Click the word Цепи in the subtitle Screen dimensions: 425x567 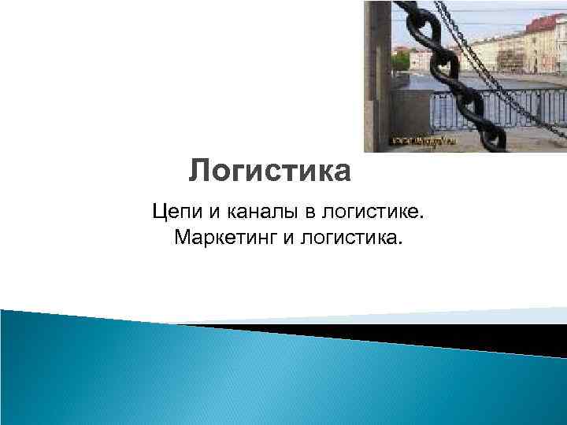pyautogui.click(x=175, y=211)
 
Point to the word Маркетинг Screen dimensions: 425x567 pyautogui.click(x=224, y=236)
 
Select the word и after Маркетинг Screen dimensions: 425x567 pyautogui.click(x=284, y=236)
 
